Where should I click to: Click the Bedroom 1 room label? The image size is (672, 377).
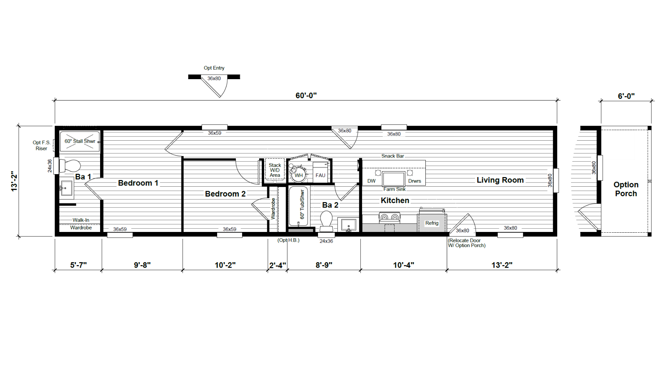[138, 183]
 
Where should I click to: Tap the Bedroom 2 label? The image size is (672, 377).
[225, 194]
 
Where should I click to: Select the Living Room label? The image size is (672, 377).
[500, 180]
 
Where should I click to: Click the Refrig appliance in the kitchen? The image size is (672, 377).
[432, 222]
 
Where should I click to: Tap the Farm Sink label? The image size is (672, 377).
[395, 189]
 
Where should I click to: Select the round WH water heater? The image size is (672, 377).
[298, 175]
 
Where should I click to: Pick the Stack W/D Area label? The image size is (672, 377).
[275, 170]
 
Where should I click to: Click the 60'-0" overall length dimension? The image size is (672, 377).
[306, 95]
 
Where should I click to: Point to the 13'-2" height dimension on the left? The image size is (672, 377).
[14, 181]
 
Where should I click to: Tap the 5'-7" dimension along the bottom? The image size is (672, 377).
[78, 265]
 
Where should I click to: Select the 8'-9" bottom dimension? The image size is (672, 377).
[324, 265]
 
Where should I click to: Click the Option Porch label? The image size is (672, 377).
[626, 189]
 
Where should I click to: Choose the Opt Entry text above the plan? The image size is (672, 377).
[214, 68]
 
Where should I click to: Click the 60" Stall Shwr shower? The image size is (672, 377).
[80, 141]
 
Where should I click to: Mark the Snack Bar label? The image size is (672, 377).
[393, 156]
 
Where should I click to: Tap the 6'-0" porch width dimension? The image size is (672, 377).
[626, 96]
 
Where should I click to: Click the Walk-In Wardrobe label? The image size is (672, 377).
[81, 224]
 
